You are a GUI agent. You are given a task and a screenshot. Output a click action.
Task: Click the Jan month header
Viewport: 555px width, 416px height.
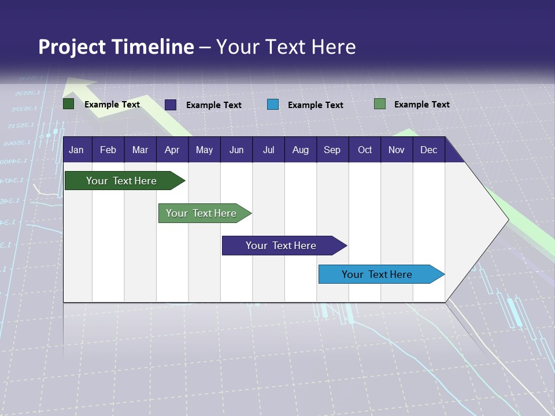[76, 150]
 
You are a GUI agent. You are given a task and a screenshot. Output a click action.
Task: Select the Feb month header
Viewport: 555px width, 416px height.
[108, 150]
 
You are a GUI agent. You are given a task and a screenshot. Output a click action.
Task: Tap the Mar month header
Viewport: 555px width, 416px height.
[140, 150]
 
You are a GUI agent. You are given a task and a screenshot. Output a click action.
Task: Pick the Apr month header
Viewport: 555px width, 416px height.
[172, 150]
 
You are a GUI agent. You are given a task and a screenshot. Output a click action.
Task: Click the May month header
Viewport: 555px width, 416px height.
[204, 150]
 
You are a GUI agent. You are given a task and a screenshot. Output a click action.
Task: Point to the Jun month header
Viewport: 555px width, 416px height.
[236, 150]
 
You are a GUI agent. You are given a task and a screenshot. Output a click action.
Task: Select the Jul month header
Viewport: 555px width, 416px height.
[268, 150]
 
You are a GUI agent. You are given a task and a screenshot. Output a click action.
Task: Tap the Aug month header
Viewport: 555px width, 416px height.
[301, 150]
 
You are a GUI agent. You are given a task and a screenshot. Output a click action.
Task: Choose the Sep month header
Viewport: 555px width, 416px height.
[332, 150]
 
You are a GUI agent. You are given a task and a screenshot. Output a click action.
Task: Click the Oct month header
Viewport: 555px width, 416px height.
[365, 150]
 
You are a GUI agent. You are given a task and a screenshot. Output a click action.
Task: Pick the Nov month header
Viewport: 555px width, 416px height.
[397, 150]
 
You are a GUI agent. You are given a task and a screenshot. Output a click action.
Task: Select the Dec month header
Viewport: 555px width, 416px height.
[429, 150]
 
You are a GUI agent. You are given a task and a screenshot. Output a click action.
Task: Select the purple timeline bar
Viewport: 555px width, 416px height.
[282, 246]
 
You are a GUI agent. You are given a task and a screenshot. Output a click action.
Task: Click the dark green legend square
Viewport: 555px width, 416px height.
[69, 104]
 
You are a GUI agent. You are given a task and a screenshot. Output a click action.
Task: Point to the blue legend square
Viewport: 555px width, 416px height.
[273, 105]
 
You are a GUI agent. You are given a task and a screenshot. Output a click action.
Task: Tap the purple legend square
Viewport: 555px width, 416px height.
[171, 105]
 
